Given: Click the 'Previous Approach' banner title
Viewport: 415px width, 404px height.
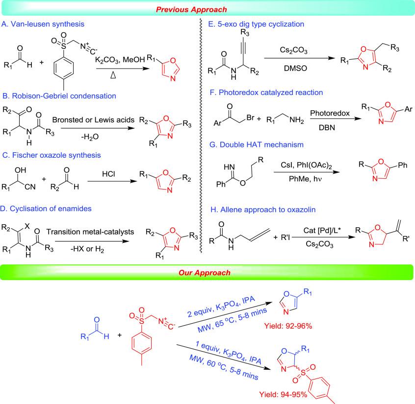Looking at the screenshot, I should tap(207, 8).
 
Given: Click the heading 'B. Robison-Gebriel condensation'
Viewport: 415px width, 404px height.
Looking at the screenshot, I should tap(58, 96).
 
